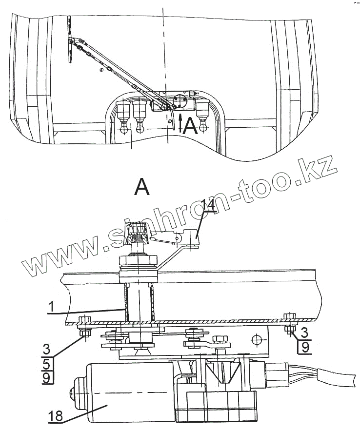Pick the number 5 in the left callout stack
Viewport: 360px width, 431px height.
46,363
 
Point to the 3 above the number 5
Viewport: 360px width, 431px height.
46,349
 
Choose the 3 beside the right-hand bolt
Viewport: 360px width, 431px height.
303,333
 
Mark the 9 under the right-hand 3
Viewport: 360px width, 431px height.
303,347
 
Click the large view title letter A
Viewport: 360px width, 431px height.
142,187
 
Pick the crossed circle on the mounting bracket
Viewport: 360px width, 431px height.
255,338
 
